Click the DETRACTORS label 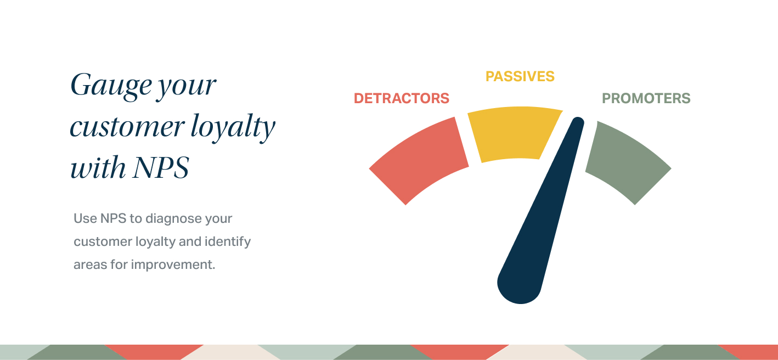click(402, 98)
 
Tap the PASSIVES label click(520, 76)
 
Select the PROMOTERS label click(646, 98)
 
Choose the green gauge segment click(627, 161)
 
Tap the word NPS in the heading click(161, 167)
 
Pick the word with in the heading click(98, 167)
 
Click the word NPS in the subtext click(113, 218)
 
